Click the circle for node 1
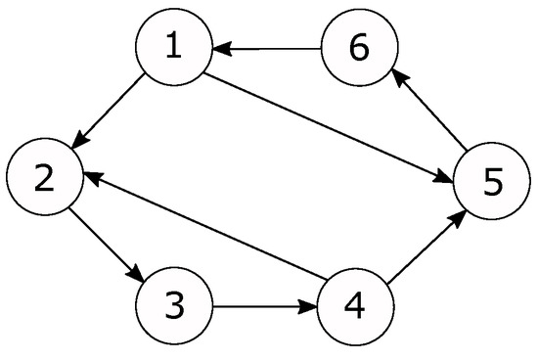point(173,49)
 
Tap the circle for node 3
point(173,306)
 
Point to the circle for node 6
point(359,49)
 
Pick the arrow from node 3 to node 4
point(264,306)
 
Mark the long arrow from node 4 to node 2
point(201,232)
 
